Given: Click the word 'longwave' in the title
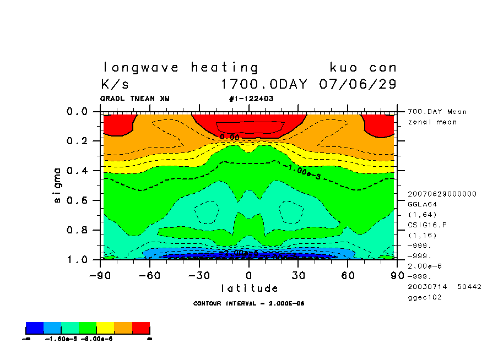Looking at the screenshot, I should click(141, 68).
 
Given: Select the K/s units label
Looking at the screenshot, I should click(115, 85).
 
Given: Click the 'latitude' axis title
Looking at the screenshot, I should click(249, 288).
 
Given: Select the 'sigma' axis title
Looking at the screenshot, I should click(58, 185).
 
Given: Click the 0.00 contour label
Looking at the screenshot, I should click(230, 137).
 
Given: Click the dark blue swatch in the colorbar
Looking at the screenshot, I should click(35, 329).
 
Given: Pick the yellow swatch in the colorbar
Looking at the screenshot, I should click(105, 329).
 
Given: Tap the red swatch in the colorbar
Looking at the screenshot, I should click(141, 329).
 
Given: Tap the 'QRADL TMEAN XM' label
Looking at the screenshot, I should click(135, 99).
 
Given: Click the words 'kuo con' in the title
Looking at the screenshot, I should click(363, 68).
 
